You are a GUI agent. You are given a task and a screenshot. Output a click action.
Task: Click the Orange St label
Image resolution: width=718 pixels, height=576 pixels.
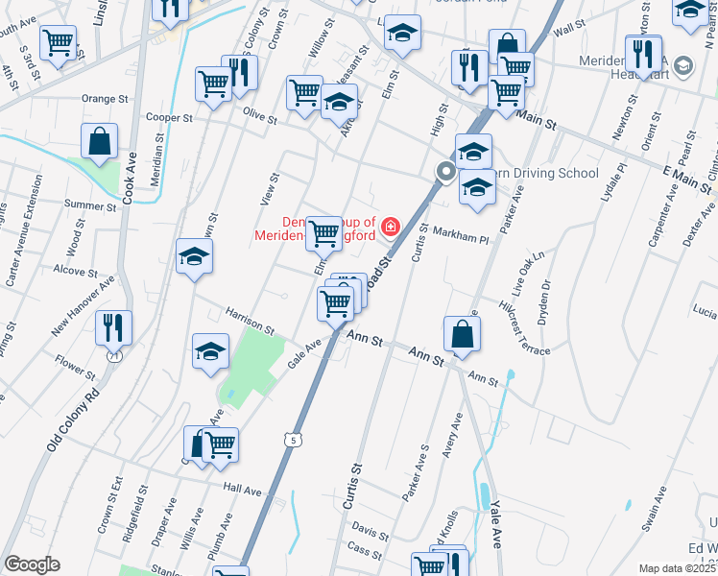105,99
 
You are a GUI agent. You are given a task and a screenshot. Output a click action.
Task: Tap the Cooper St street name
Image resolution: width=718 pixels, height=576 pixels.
162,117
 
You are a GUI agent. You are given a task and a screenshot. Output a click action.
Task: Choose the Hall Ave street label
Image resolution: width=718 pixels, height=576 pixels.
242,490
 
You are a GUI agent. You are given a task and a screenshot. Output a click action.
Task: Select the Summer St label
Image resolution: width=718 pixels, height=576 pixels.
89,204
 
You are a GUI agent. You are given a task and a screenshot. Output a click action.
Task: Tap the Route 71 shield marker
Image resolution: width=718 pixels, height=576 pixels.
115,356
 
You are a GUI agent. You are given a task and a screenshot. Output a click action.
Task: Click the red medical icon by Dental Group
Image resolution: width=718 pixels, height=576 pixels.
390,228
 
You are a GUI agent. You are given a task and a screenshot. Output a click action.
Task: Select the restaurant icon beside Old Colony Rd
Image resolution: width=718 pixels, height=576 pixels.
113,327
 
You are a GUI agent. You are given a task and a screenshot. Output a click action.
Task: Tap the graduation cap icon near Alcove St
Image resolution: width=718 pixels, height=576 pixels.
194,256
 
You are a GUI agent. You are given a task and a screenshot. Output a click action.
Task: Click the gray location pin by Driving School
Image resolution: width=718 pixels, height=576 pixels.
445,172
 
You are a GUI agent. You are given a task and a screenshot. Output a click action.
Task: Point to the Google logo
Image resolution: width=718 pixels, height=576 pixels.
32,564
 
